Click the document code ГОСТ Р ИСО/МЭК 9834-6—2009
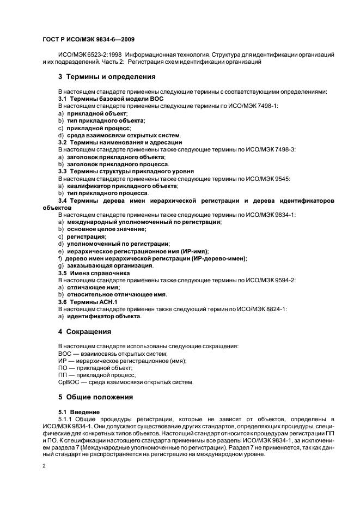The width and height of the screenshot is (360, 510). coord(88,39)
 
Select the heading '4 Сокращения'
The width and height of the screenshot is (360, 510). coord(84,331)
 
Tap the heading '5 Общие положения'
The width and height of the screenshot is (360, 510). coord(96,397)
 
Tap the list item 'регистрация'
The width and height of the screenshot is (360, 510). coord(86,237)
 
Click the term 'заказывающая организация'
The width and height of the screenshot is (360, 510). coord(109,266)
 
